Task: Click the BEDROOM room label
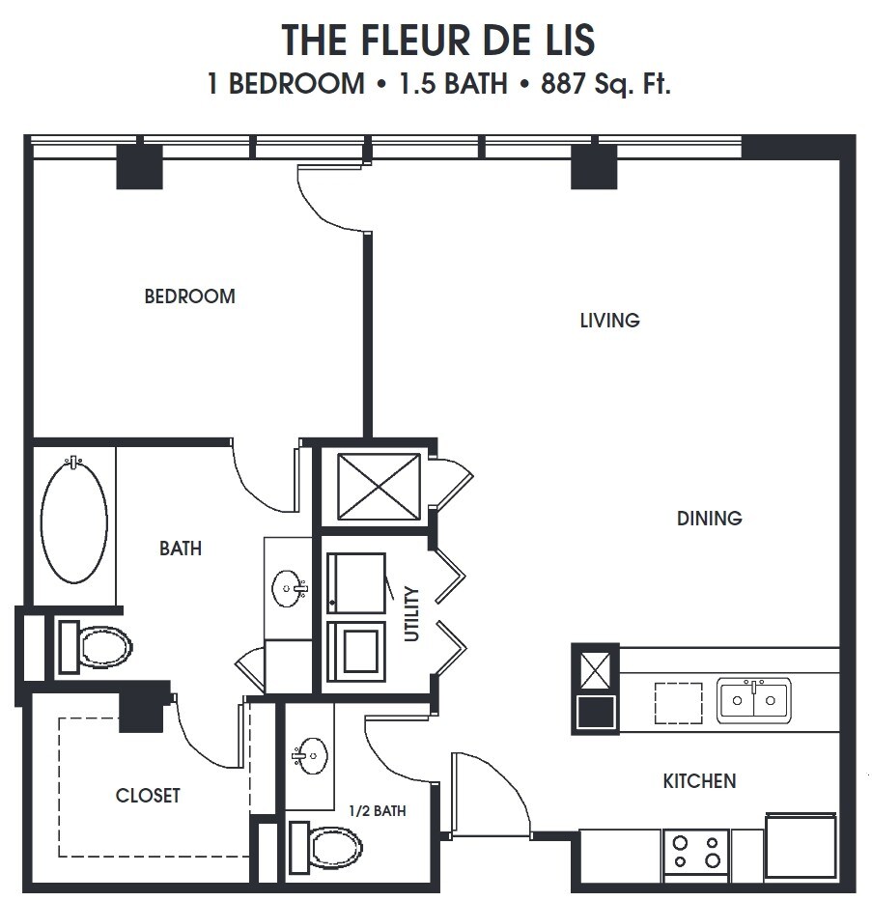click(x=189, y=296)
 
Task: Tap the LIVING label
click(x=609, y=320)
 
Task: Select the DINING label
click(x=709, y=519)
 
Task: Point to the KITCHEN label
click(x=699, y=780)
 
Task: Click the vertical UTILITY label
click(x=412, y=614)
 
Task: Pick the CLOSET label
click(x=148, y=796)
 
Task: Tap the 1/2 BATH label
click(x=377, y=811)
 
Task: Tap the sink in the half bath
click(x=311, y=756)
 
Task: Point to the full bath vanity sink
click(x=289, y=588)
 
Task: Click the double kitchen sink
click(x=753, y=700)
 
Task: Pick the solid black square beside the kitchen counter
click(x=595, y=713)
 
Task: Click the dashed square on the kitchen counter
click(x=678, y=703)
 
